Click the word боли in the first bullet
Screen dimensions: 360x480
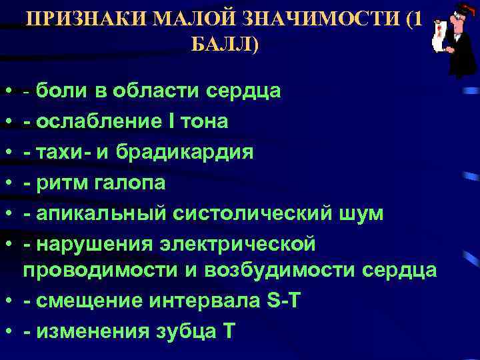point(61,90)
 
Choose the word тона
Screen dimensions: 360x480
point(204,121)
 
